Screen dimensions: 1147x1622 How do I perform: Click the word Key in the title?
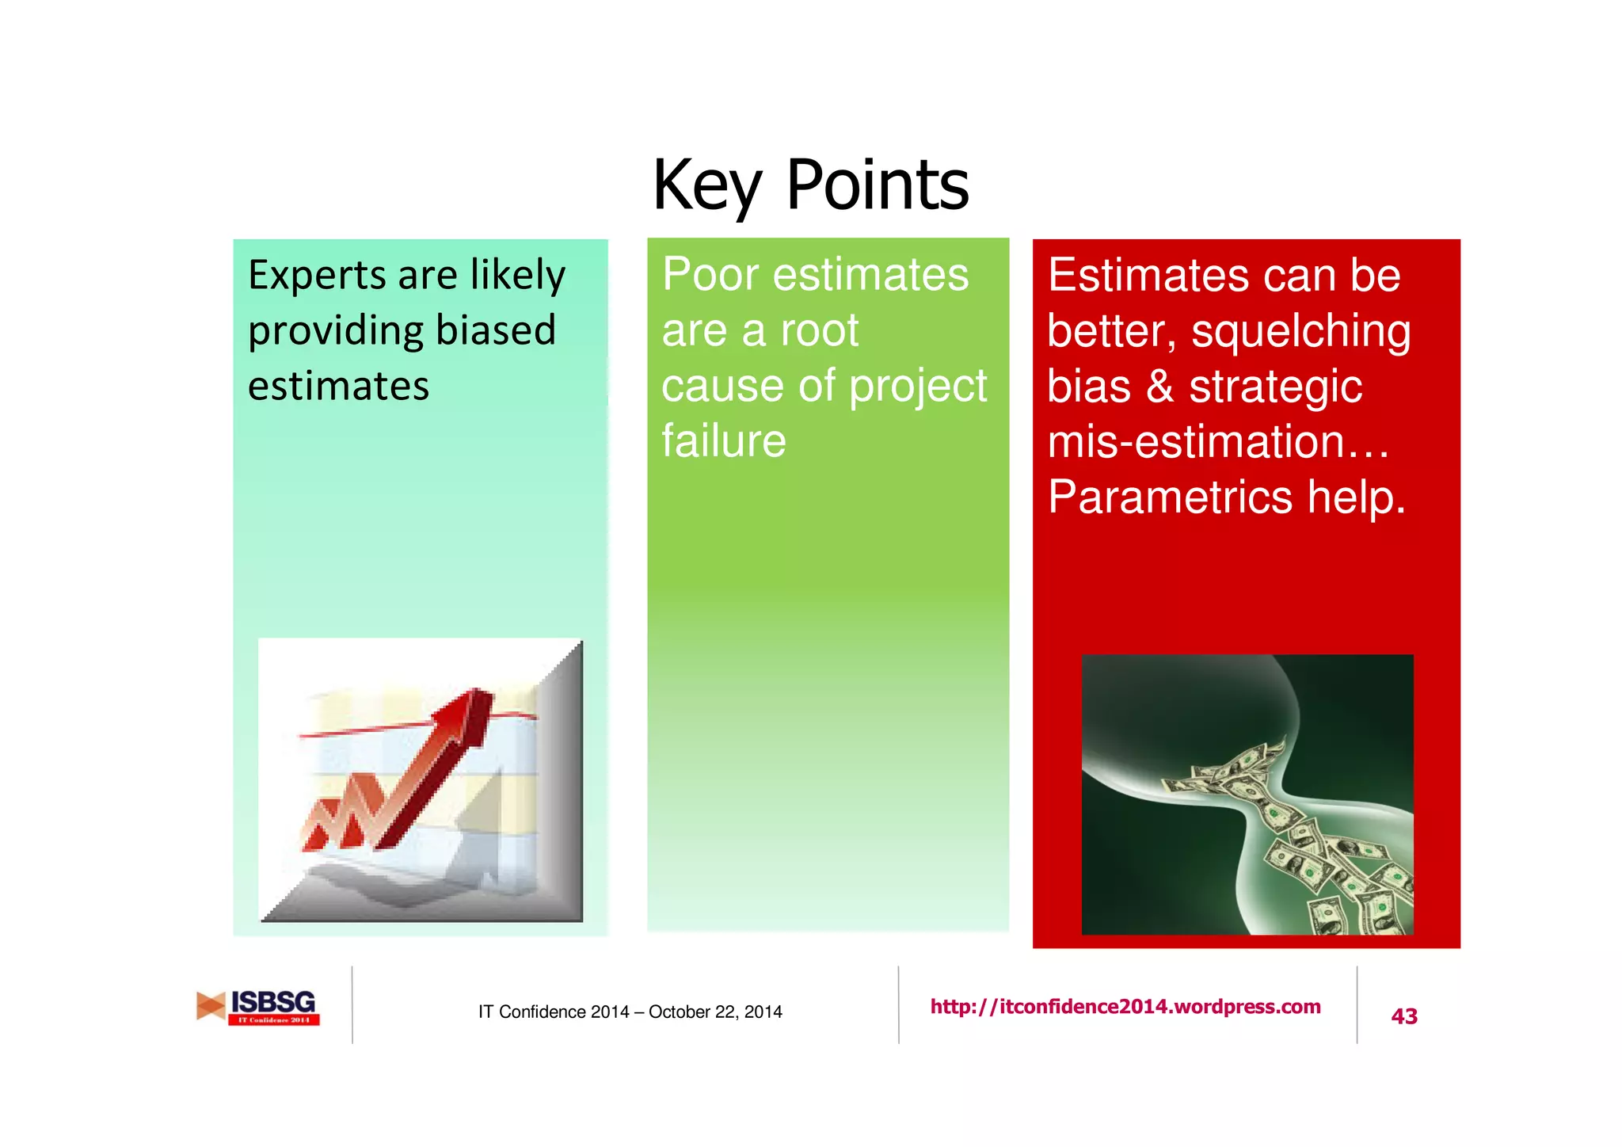tap(706, 186)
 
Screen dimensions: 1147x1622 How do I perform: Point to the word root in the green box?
tap(819, 331)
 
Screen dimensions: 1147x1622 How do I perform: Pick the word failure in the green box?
tap(723, 441)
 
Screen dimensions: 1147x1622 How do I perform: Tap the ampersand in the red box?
tap(1159, 387)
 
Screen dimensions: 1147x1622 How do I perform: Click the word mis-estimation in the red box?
tap(1196, 442)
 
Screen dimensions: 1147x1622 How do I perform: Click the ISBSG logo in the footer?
tap(258, 1007)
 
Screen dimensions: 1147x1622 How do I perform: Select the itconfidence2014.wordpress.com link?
tap(1125, 1007)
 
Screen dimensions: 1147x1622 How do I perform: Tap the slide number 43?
tap(1403, 1016)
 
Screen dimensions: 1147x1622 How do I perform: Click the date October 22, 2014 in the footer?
tap(714, 1012)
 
